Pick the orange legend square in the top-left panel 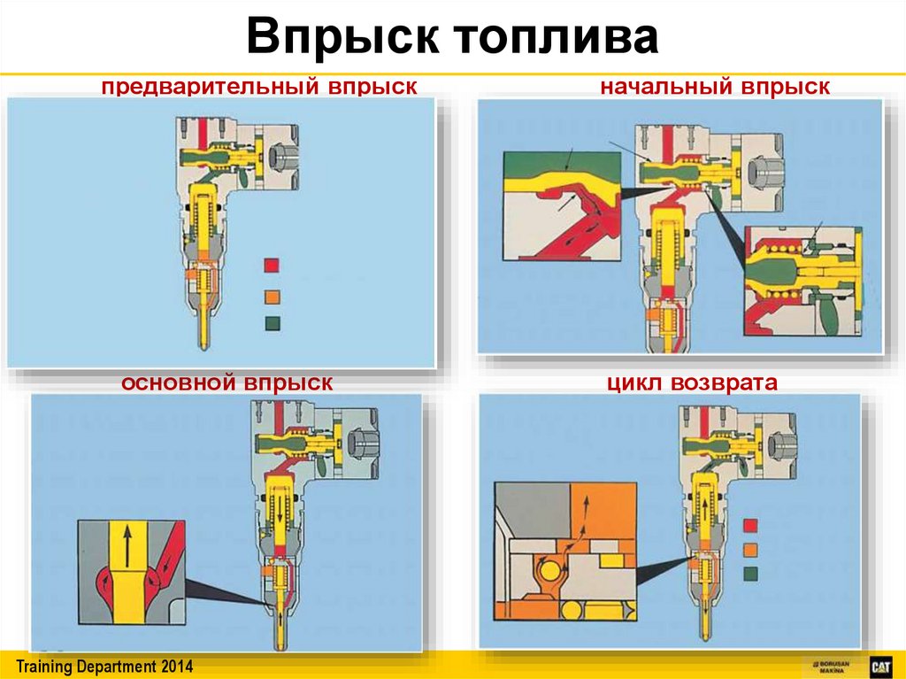pyautogui.click(x=272, y=295)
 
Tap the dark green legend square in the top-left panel pyautogui.click(x=272, y=323)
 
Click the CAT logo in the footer pyautogui.click(x=879, y=666)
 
